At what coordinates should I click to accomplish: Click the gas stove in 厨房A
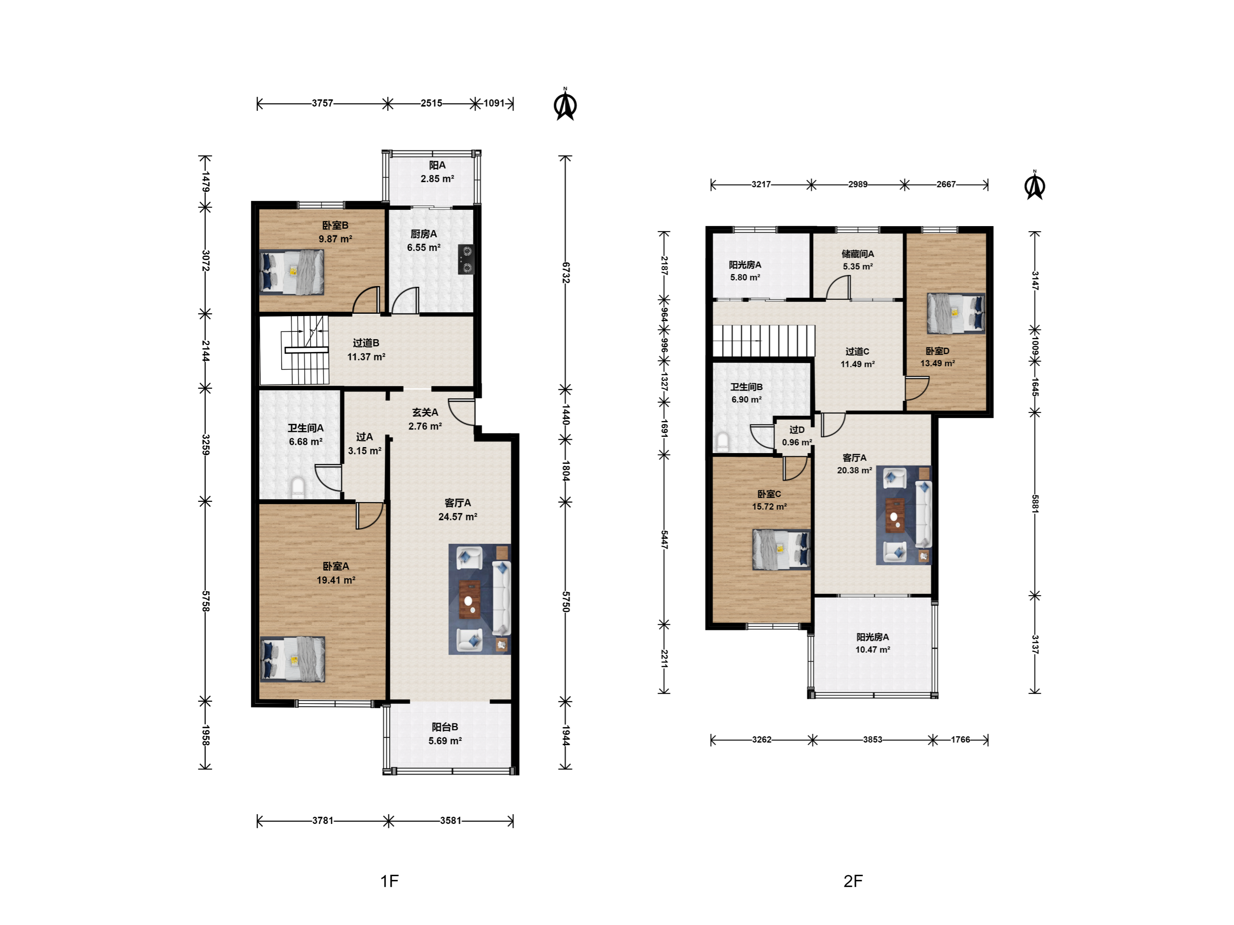(466, 260)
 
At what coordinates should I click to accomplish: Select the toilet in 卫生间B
(722, 442)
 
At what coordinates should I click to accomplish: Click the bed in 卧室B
(292, 272)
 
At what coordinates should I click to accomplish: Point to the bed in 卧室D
(955, 313)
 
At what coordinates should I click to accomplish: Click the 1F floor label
(389, 881)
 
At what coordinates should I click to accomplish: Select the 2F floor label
(853, 881)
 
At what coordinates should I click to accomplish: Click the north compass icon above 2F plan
(1035, 186)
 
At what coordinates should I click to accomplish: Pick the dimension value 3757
(323, 103)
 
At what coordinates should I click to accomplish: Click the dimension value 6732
(566, 273)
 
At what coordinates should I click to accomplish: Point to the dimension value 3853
(872, 739)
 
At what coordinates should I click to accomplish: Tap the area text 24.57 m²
(458, 517)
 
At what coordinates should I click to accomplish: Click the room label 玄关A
(425, 412)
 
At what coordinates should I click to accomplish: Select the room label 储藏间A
(858, 254)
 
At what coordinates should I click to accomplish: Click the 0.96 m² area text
(797, 442)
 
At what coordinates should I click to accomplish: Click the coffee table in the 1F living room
(469, 600)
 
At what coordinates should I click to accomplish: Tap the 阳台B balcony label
(445, 727)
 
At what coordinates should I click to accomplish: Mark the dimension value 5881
(1035, 504)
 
